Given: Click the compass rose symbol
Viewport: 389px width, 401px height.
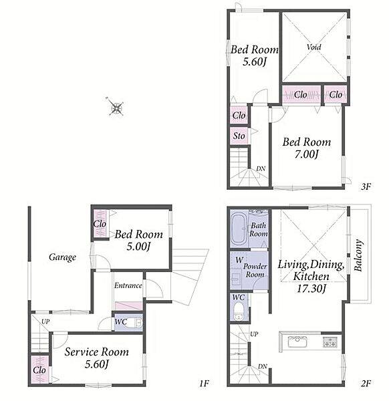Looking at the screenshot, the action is (116, 107).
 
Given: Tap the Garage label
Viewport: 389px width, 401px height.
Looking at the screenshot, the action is (62, 257).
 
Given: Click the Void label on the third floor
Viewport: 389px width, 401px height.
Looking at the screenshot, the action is (314, 47).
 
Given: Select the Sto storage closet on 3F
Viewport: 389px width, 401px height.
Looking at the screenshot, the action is (239, 136).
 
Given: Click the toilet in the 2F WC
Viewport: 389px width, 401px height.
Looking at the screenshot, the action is (239, 311).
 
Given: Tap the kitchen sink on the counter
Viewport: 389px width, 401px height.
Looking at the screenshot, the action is (297, 342).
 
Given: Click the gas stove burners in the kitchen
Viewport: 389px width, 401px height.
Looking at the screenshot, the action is (330, 342).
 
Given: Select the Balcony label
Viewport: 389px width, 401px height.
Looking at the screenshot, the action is (358, 255).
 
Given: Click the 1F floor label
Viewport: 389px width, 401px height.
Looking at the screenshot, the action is (204, 383).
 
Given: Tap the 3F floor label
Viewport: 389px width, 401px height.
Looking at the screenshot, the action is (366, 186).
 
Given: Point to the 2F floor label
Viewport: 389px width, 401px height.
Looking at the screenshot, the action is (366, 383).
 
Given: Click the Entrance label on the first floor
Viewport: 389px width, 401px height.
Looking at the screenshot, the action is (128, 285).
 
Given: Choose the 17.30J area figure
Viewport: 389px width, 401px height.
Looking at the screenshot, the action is (311, 289).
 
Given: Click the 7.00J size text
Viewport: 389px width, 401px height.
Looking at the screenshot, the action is (307, 154).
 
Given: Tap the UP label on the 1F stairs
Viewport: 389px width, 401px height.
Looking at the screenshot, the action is (45, 321).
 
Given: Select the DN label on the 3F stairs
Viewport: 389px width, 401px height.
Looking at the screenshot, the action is (261, 169).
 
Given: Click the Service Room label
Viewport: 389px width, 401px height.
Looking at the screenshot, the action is (96, 352).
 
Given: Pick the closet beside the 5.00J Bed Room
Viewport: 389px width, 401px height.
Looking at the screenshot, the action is (100, 224).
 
